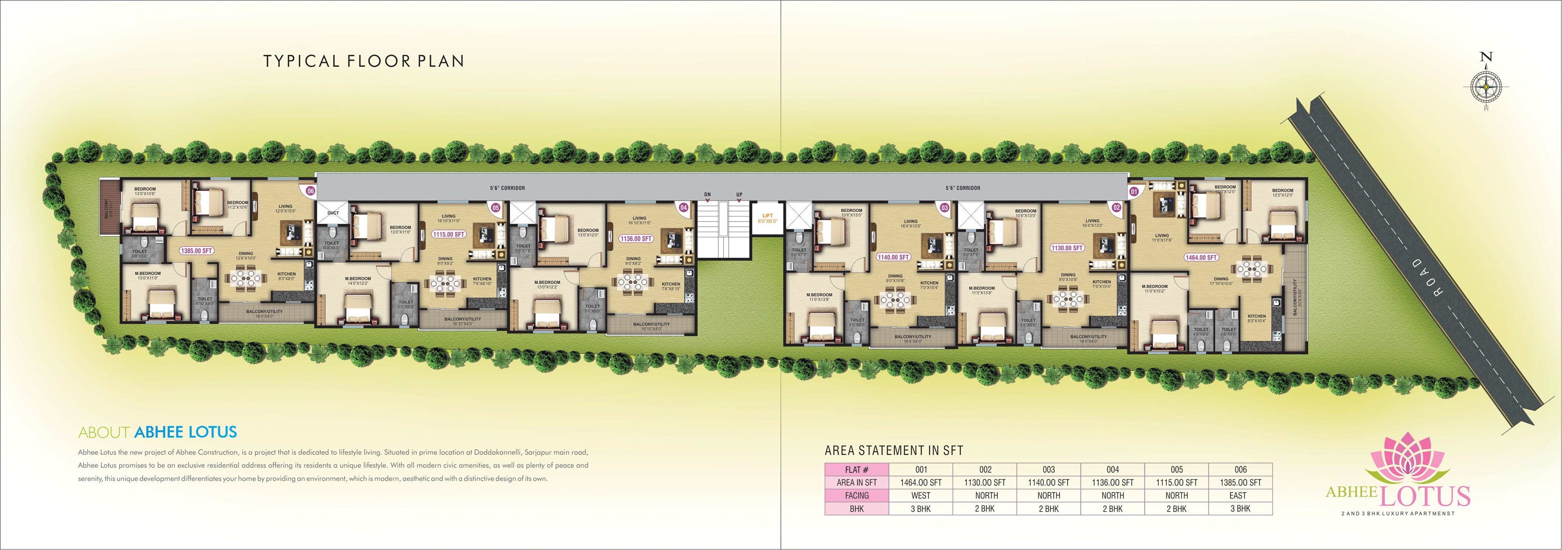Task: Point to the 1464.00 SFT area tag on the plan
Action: click(1201, 257)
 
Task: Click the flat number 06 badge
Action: click(311, 191)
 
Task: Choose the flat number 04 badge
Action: click(684, 207)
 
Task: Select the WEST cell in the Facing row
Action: click(921, 495)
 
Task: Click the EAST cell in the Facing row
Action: click(1240, 495)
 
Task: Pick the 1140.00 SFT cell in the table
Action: click(1048, 483)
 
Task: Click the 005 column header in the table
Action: click(1176, 469)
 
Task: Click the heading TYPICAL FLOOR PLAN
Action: click(364, 61)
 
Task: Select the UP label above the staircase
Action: click(739, 194)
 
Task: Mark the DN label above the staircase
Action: click(707, 194)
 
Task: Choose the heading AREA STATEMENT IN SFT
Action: click(894, 451)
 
